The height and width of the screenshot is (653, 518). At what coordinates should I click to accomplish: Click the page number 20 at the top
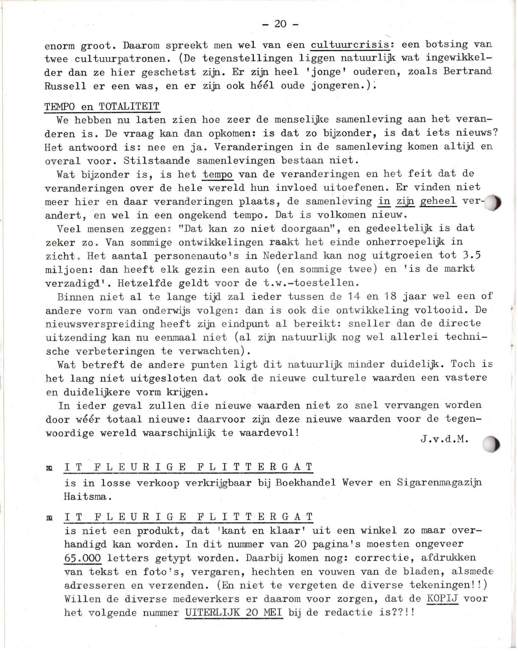pos(280,24)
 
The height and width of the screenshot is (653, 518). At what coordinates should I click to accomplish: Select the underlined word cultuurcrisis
pos(350,45)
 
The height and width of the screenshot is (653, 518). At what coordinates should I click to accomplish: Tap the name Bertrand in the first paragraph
pos(468,71)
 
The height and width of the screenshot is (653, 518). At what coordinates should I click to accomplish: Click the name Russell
pos(65,86)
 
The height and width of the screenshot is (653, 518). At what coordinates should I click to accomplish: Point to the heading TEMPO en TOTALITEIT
pos(102,106)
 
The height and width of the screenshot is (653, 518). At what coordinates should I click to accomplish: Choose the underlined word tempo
pos(218,174)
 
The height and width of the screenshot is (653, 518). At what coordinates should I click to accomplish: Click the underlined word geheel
pos(438,201)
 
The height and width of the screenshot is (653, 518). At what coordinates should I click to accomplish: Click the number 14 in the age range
pos(354,296)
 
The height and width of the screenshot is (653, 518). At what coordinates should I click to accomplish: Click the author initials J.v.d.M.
pos(444,439)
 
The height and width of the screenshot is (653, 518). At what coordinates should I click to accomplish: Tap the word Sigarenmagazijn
pos(439,483)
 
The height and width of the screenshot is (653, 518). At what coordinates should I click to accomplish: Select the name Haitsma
pos(87,497)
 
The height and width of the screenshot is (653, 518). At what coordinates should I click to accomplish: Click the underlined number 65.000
pos(83,558)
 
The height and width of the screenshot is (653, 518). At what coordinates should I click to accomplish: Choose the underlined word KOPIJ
pos(442,599)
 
